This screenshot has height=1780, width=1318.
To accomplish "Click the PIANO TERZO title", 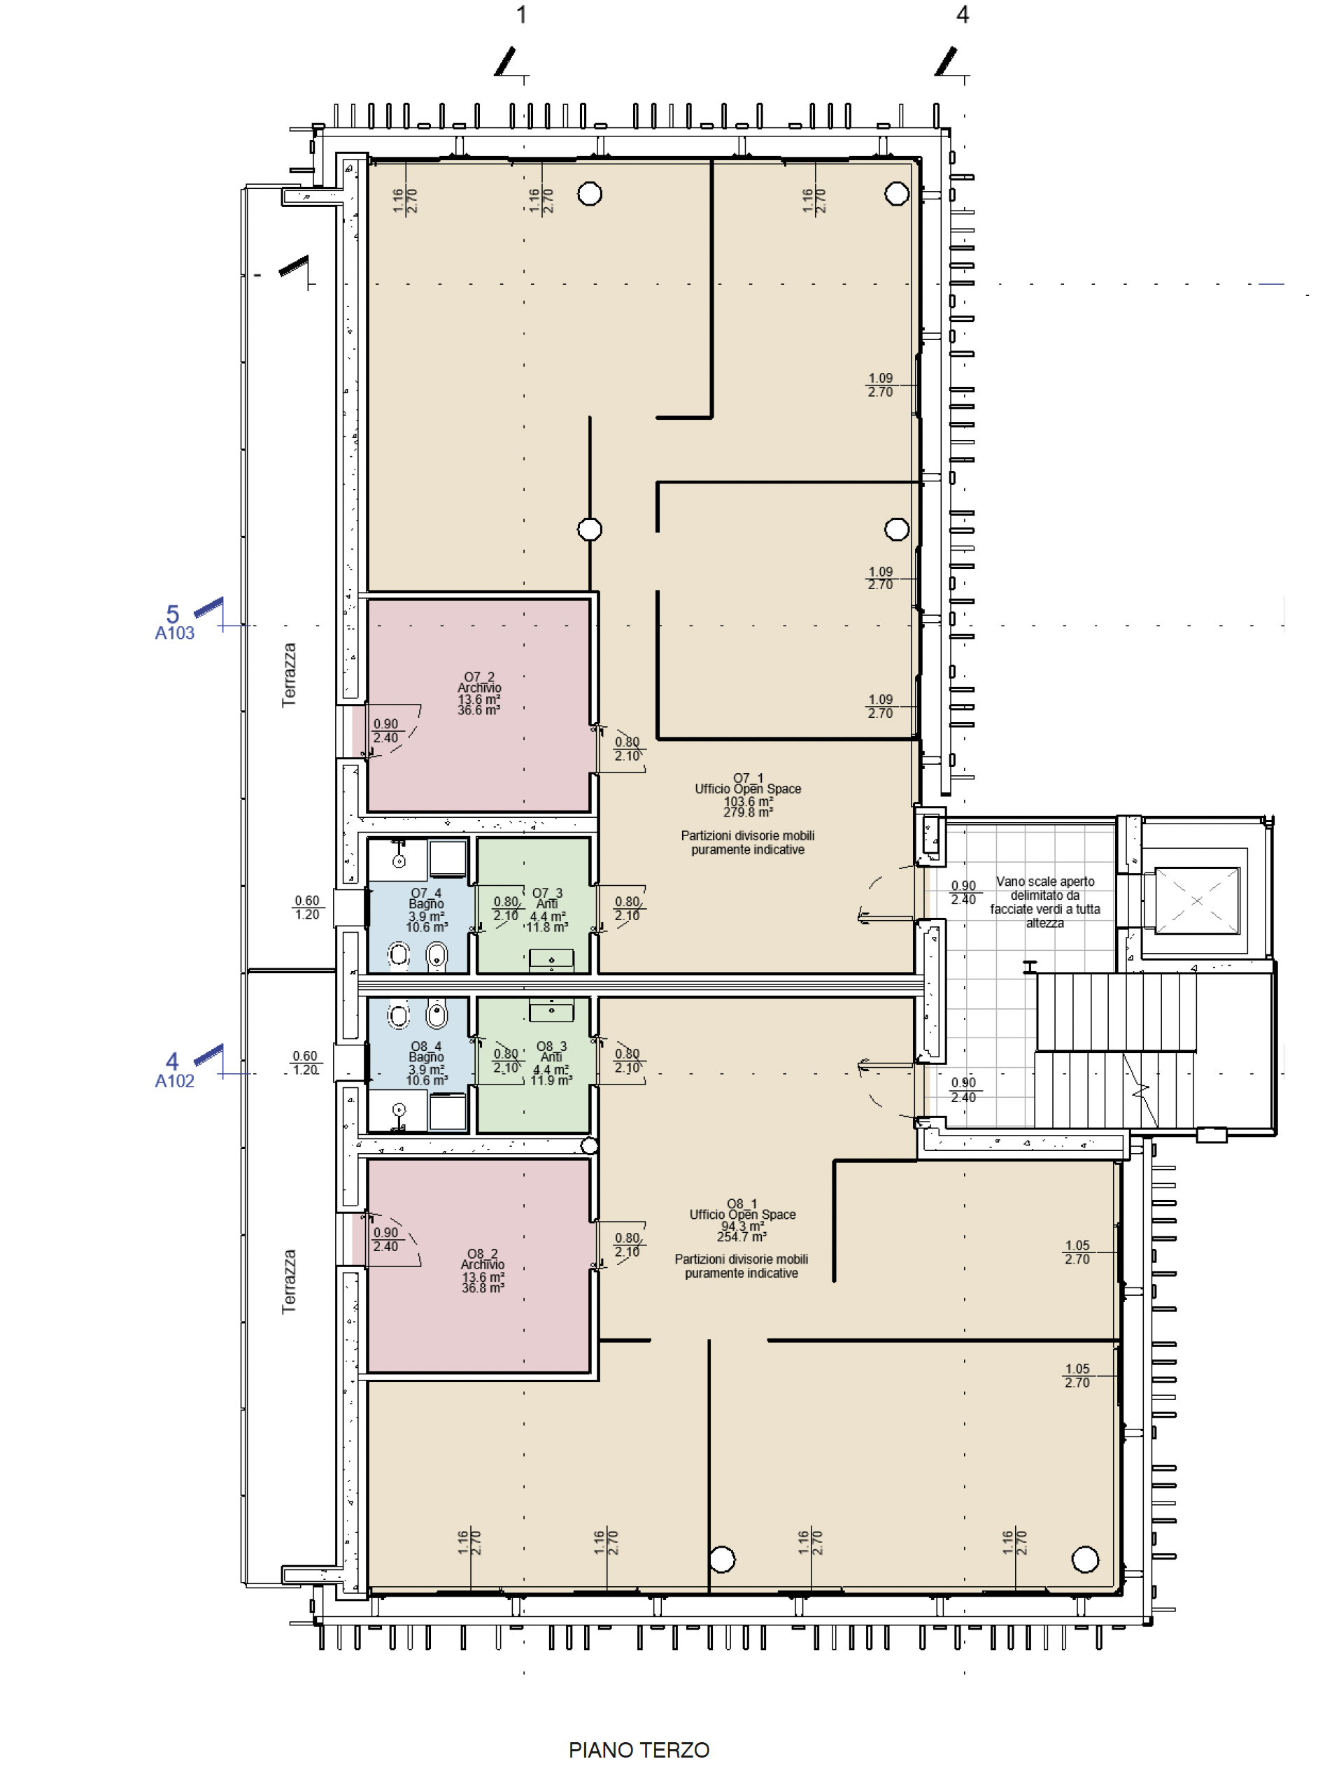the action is point(639,1750).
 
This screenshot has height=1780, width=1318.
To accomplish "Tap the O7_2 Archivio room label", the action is point(479,693).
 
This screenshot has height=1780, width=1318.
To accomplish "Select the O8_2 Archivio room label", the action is point(483,1271).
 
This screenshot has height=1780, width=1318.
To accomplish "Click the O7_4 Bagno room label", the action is point(426,910).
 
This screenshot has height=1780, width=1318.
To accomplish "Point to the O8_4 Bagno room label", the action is point(426,1064).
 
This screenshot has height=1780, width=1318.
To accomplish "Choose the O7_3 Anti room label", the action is point(547,910).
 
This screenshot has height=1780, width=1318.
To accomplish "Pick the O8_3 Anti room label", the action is point(551,1064).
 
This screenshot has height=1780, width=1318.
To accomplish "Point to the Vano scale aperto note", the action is point(1045,903).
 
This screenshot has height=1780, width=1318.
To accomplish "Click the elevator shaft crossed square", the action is point(1197,900).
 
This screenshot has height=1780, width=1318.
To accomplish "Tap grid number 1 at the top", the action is point(522,15).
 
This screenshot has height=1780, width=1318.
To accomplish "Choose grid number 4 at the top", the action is point(963,15).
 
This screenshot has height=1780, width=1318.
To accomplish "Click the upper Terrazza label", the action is point(289,675).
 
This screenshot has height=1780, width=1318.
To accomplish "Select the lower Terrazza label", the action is point(289,1282).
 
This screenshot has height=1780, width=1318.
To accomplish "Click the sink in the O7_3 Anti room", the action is point(551,960).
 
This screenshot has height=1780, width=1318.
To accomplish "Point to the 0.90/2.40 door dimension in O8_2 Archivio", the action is point(385,1239).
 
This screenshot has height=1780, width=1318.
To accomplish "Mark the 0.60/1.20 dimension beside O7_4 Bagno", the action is point(307,907).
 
